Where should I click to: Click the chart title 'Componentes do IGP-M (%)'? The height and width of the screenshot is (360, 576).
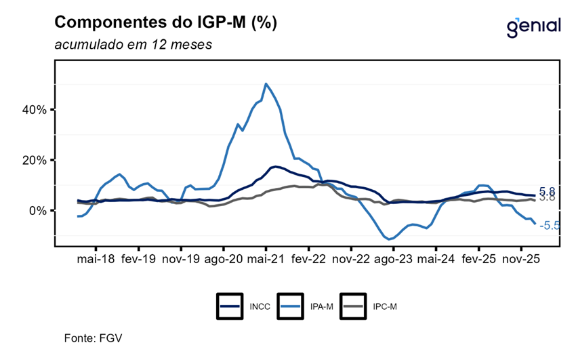click(165, 22)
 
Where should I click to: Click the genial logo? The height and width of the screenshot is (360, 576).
click(533, 26)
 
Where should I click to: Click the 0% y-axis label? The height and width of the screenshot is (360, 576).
click(37, 210)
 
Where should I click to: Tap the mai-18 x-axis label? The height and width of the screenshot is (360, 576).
click(96, 259)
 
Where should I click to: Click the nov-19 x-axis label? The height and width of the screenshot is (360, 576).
click(181, 259)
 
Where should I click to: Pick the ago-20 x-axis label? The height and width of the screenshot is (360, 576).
click(224, 259)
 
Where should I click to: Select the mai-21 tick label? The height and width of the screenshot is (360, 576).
click(266, 259)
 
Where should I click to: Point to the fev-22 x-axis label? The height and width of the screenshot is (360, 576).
click(308, 259)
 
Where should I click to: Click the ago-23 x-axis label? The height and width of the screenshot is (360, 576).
click(393, 259)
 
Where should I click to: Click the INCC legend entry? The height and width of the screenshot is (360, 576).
click(244, 306)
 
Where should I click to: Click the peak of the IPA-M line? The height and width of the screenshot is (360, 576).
click(266, 84)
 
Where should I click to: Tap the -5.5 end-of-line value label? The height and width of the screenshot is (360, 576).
click(549, 226)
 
